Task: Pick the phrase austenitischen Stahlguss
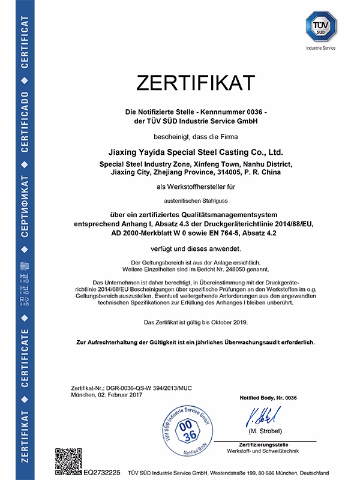coord(188,201)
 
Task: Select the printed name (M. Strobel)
coord(264,431)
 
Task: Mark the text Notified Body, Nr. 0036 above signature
coord(268,398)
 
